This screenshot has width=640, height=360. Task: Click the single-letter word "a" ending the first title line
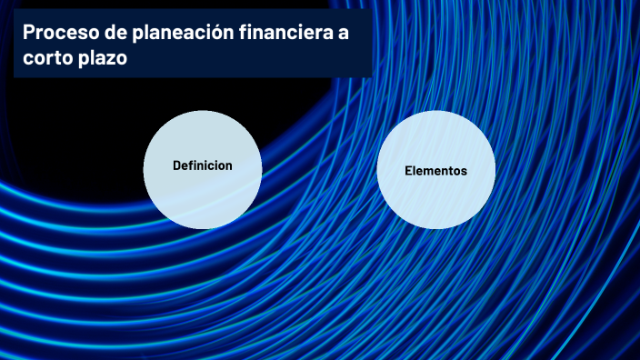342,34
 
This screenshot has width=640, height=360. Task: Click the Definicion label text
203,165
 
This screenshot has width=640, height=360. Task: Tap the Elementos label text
435,171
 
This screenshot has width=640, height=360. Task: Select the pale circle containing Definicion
203,195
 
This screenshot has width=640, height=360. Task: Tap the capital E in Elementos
408,171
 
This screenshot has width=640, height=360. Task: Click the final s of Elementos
464,171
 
